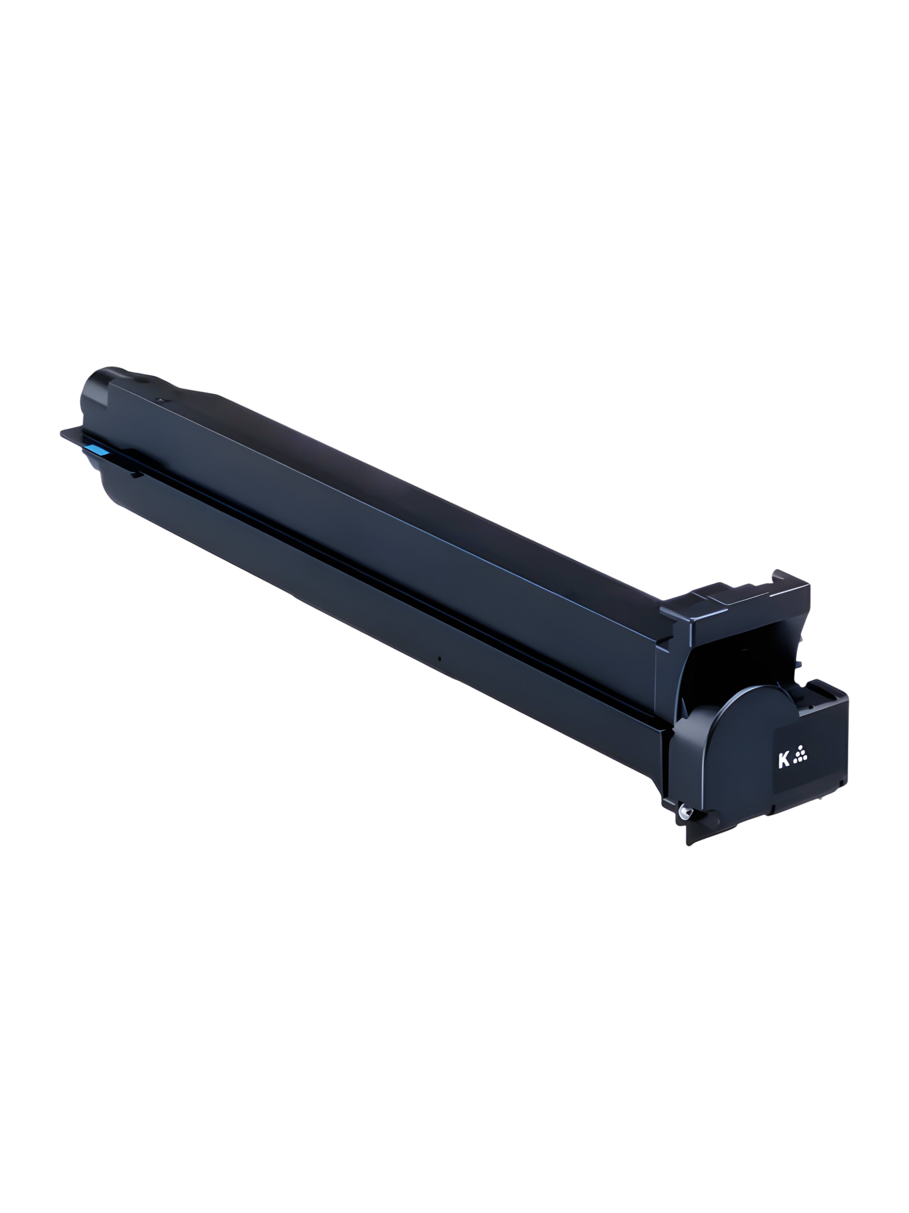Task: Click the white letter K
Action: click(x=783, y=759)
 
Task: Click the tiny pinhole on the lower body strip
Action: click(x=439, y=659)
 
